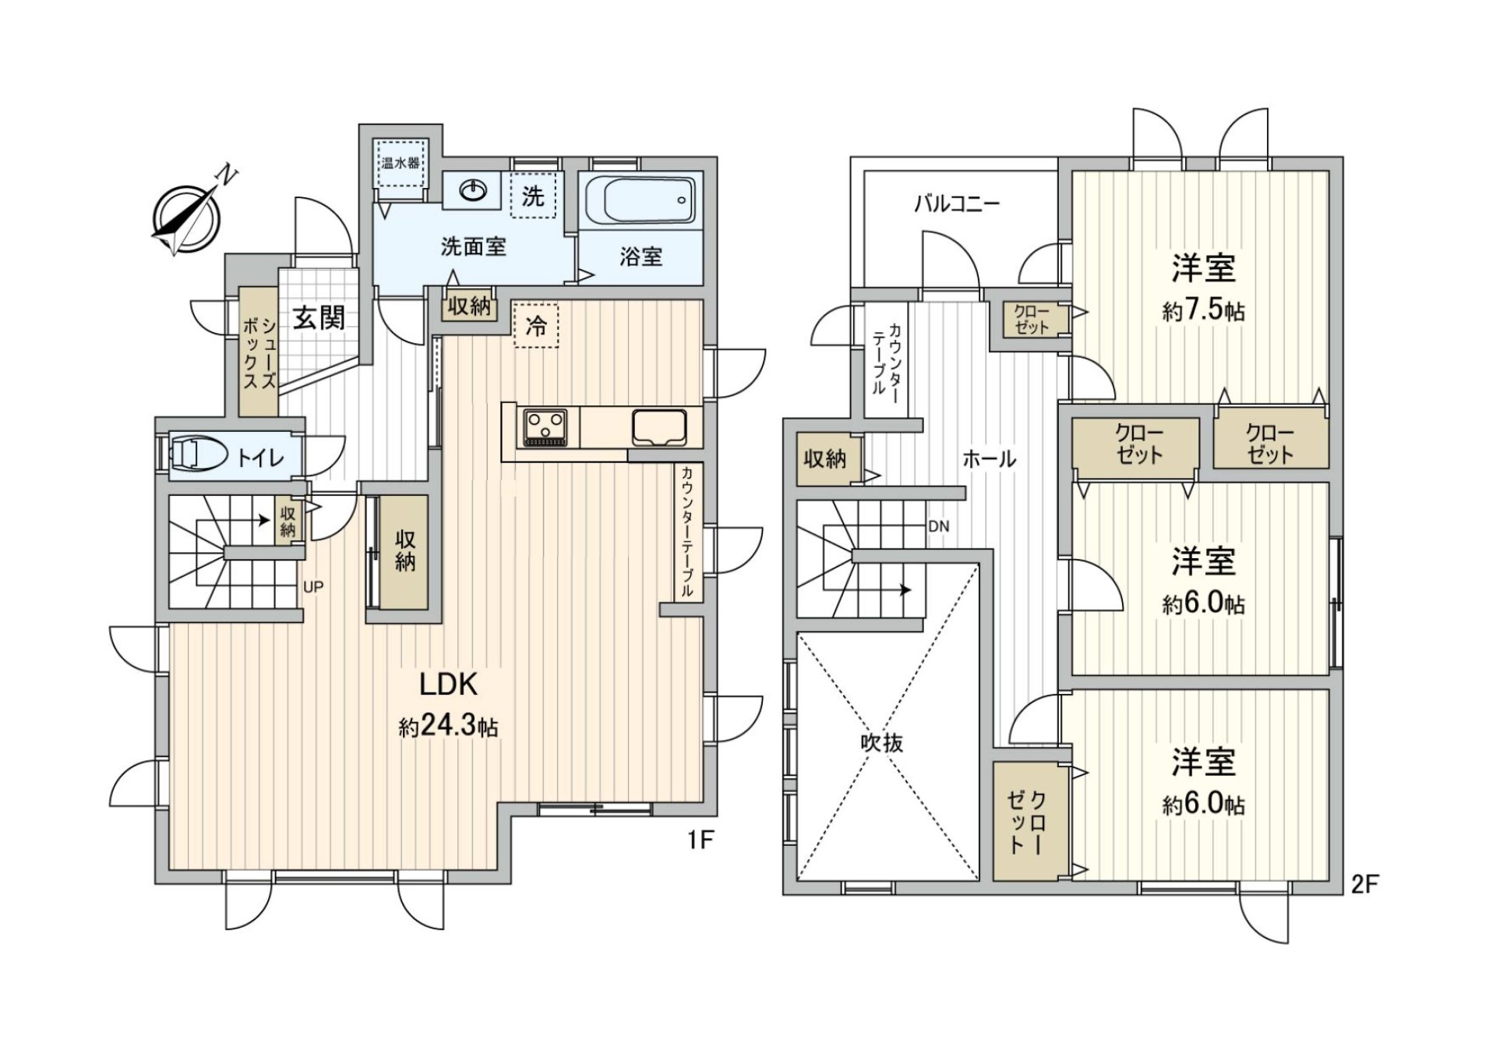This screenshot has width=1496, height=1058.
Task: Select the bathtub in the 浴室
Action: click(x=638, y=200)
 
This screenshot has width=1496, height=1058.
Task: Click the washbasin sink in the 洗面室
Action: click(x=474, y=190)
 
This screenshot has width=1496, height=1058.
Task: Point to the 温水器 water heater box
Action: click(x=400, y=163)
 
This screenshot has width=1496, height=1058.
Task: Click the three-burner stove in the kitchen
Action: click(x=545, y=427)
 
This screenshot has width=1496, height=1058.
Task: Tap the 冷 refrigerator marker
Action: click(x=536, y=326)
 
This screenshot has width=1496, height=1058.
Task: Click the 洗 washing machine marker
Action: click(x=533, y=196)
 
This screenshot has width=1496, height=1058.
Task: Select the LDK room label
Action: click(x=448, y=685)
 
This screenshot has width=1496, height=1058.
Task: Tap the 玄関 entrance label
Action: click(x=319, y=317)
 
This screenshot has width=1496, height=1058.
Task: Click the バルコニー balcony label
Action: click(x=956, y=204)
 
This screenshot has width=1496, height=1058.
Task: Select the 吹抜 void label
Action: click(x=882, y=742)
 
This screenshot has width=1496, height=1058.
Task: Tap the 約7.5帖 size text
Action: click(x=1203, y=311)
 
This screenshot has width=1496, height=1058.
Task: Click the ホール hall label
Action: click(x=989, y=458)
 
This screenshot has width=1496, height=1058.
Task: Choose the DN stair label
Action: click(x=939, y=527)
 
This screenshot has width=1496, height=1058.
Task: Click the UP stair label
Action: click(x=313, y=587)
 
